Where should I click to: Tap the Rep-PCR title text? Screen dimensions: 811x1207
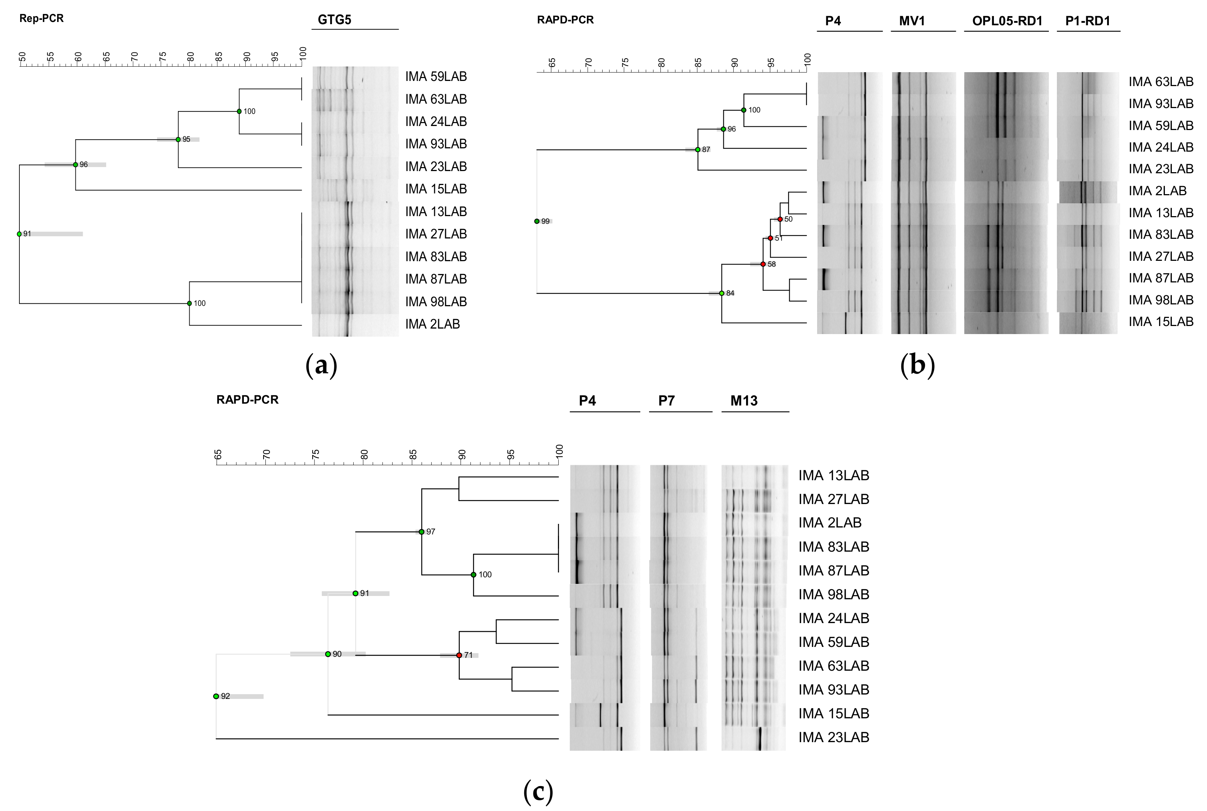41,19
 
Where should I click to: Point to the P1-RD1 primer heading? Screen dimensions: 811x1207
1088,21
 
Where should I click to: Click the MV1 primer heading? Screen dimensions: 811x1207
912,21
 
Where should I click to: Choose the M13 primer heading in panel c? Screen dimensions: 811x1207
744,401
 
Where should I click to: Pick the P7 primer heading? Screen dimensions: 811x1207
666,401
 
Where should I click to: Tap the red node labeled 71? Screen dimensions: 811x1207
459,655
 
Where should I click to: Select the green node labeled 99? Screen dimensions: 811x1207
537,221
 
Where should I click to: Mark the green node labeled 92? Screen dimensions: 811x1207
216,696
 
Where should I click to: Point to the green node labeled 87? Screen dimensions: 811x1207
698,149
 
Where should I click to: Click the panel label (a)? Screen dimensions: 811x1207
321,366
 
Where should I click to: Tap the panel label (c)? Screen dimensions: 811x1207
538,791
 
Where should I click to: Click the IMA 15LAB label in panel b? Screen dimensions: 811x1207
1161,322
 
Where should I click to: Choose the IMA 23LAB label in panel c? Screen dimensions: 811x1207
833,737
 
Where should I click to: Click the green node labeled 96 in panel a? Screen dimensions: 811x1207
75,165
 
